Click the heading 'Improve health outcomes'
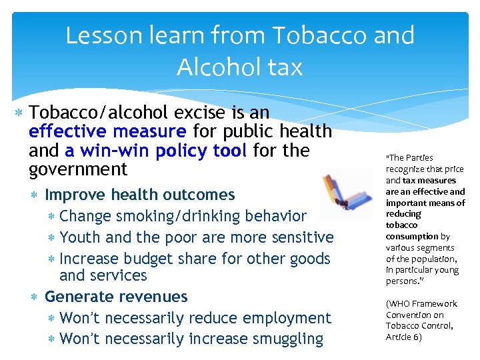pos(139,195)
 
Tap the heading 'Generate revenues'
pos(116,297)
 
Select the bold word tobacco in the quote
pos(403,225)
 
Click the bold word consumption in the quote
pos(412,236)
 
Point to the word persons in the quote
pos(401,281)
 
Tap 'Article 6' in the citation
pos(404,337)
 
